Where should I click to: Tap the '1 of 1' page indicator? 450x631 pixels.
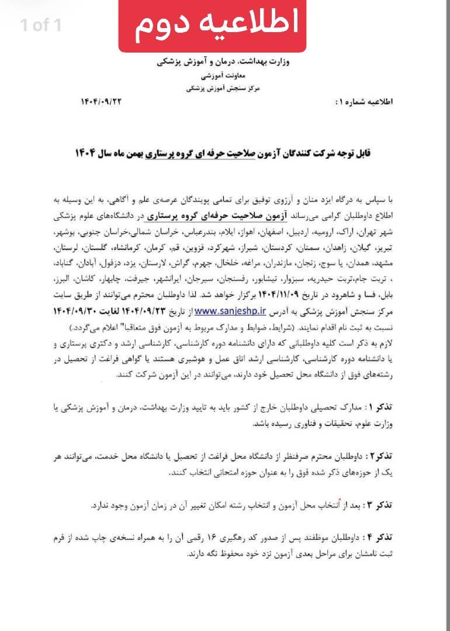(x=40, y=25)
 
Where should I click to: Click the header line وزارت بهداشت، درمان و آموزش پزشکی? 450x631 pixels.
(x=226, y=62)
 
